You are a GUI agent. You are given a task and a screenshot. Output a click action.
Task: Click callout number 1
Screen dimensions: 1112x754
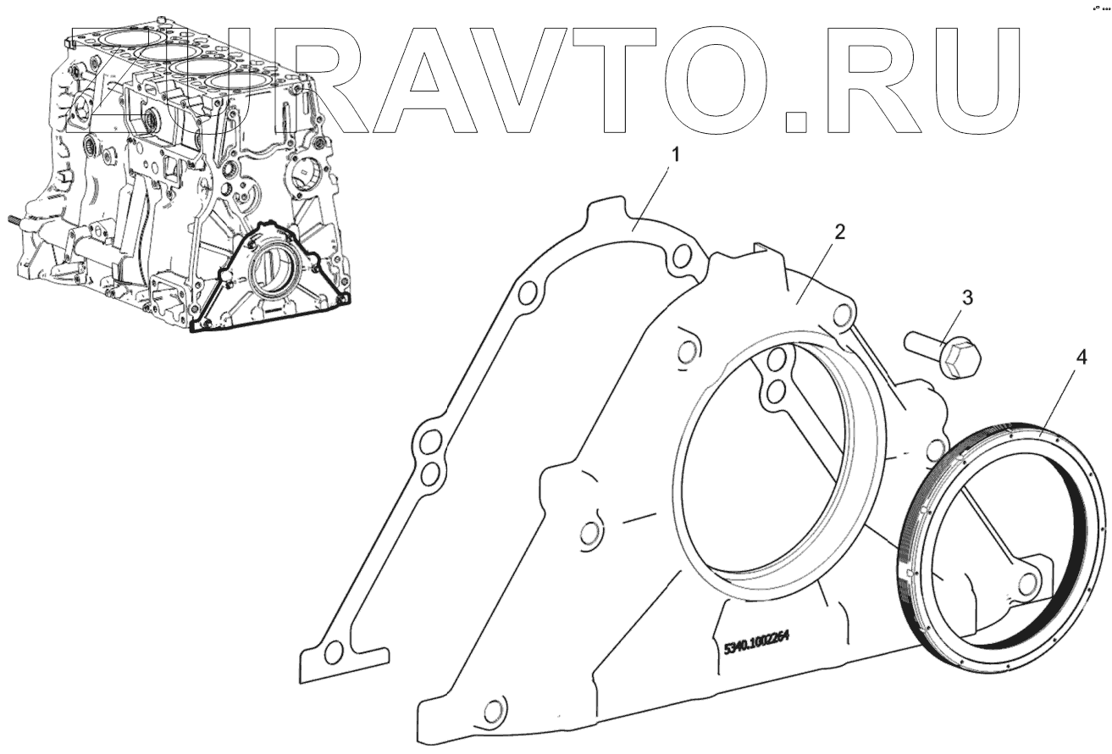675,156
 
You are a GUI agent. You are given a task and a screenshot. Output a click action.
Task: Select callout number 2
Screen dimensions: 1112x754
839,232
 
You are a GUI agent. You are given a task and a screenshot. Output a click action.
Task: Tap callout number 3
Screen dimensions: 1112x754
967,298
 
